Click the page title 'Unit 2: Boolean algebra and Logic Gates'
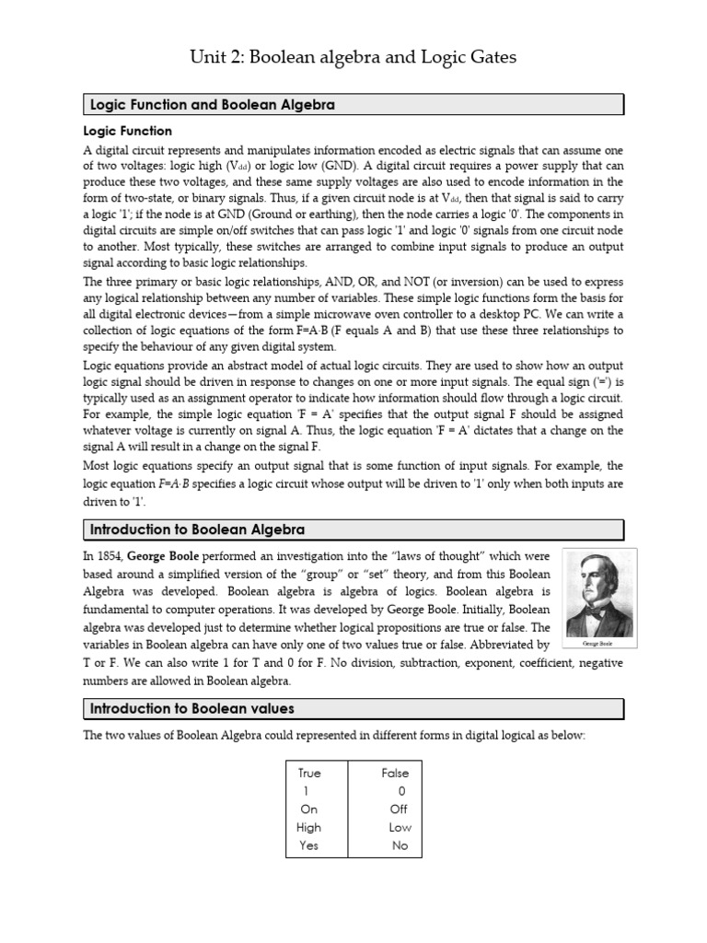[353, 57]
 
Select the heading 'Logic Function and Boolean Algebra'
[213, 105]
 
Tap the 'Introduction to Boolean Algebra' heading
[197, 530]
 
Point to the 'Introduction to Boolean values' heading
[191, 708]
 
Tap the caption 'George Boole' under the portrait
[598, 645]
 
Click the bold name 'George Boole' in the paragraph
[163, 557]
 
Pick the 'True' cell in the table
[309, 773]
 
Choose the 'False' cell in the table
[395, 773]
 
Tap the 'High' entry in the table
[308, 827]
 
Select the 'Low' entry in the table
[400, 827]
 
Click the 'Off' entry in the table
[398, 809]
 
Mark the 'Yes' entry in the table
[308, 845]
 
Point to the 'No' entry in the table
[400, 845]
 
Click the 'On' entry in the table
[308, 809]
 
